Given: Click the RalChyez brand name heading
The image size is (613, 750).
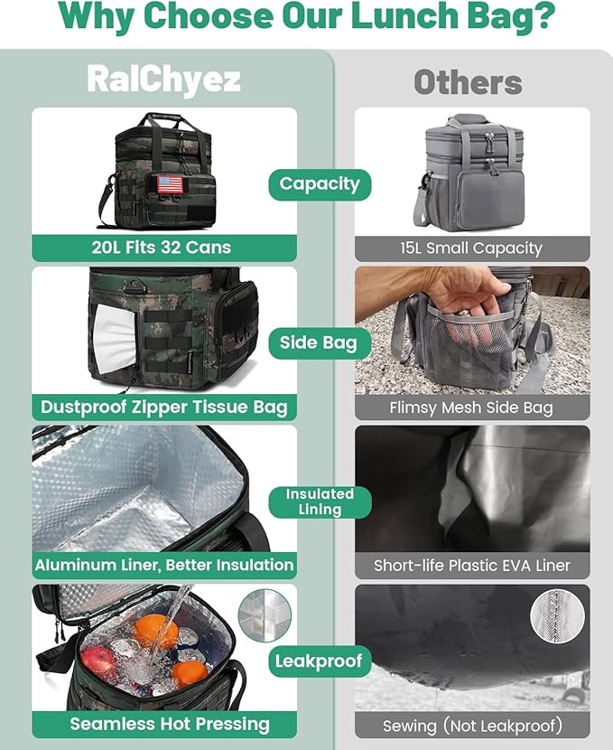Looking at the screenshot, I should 163,80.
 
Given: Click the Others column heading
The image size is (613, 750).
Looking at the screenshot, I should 468,83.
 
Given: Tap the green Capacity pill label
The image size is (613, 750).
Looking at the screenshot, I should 320,184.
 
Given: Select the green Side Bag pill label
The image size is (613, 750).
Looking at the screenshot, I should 320,342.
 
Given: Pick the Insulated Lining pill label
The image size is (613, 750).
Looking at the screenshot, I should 320,502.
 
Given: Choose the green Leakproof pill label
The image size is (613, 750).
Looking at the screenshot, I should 320,661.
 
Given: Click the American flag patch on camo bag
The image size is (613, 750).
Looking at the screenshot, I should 170,183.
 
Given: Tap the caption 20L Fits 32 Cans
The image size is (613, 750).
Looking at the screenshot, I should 164,248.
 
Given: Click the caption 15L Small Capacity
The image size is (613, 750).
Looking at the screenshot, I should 472,248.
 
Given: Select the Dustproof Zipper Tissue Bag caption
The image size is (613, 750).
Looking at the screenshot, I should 164,407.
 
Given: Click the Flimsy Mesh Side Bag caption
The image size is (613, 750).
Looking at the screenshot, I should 472,407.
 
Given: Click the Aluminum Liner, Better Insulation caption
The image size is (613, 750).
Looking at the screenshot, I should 164,566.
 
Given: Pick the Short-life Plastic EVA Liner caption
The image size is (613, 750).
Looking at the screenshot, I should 472,566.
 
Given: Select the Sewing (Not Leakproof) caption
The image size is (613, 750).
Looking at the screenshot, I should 472,724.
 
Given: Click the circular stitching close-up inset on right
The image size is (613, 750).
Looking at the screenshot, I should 557,615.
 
